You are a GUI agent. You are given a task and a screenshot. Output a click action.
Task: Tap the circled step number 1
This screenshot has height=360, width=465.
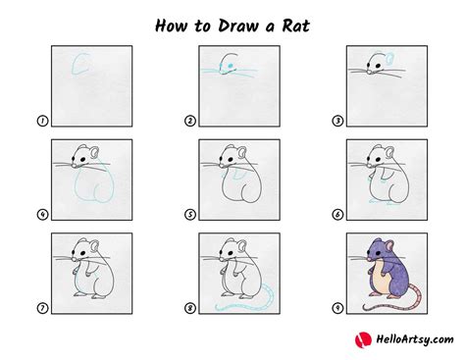click(42, 122)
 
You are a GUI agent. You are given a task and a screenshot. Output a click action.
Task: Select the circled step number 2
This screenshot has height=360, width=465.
click(188, 122)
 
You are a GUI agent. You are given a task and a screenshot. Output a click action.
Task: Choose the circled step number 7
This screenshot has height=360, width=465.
click(42, 308)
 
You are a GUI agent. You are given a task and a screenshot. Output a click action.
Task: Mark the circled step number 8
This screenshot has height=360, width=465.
click(188, 308)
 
